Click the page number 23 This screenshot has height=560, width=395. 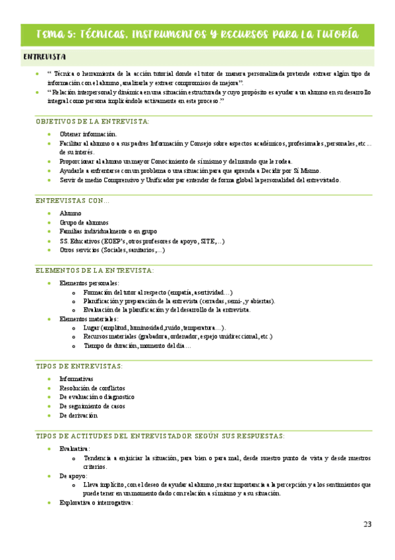(367, 524)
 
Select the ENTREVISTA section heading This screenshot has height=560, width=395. (44, 57)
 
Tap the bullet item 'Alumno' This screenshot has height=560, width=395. (71, 213)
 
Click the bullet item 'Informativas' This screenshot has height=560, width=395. (76, 378)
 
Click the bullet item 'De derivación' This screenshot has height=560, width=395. (78, 415)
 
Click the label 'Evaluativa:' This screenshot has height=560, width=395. (75, 448)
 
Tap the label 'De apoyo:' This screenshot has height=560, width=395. (73, 475)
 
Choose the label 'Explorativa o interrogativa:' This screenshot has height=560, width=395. (96, 503)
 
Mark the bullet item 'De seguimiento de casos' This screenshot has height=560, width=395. (92, 406)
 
